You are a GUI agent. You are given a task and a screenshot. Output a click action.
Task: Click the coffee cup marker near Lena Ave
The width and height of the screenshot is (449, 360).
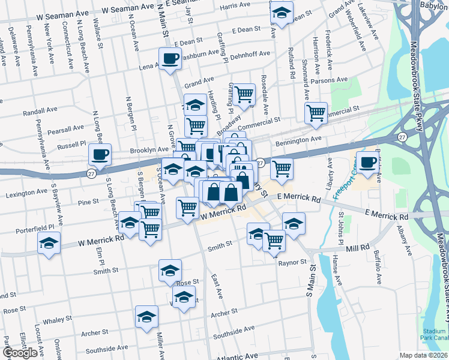170,59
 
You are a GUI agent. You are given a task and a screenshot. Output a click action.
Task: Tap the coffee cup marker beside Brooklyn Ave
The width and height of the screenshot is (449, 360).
100,155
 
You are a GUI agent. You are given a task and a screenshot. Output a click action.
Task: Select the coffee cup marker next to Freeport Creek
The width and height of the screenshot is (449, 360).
367,161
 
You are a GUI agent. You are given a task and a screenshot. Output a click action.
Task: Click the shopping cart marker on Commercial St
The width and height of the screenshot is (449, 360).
316,112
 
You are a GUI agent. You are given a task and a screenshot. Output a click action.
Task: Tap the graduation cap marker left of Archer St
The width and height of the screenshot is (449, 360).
146,317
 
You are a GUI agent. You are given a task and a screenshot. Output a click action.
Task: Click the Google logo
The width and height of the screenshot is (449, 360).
20,353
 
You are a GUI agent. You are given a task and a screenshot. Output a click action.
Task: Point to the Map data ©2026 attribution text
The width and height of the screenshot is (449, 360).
424,355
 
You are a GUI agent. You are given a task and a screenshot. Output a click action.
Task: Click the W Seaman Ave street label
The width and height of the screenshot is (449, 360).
128,10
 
